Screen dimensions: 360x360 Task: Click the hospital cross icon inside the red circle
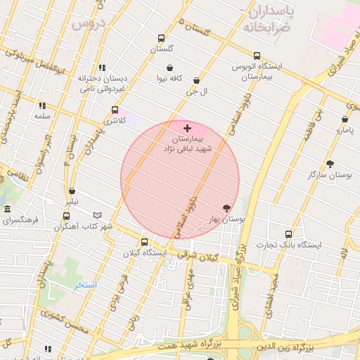(x=186, y=128)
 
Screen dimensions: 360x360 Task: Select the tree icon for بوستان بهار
(x=226, y=208)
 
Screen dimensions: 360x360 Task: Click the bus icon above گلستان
(x=161, y=39)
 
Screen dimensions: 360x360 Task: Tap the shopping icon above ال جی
(x=195, y=81)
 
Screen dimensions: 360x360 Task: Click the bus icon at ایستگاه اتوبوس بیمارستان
(x=257, y=56)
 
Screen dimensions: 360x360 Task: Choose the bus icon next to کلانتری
(x=115, y=110)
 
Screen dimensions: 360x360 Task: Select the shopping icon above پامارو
(x=345, y=120)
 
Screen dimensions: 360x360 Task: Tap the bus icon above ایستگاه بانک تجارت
(x=288, y=234)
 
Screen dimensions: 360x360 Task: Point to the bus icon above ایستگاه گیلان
(x=144, y=242)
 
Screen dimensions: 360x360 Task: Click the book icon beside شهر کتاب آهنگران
(x=97, y=215)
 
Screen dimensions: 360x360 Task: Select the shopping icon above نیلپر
(x=72, y=191)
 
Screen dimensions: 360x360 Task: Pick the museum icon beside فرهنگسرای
(x=7, y=210)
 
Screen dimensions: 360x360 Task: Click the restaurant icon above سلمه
(x=42, y=105)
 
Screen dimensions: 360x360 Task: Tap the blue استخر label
(x=86, y=285)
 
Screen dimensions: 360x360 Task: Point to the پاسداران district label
(x=271, y=12)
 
